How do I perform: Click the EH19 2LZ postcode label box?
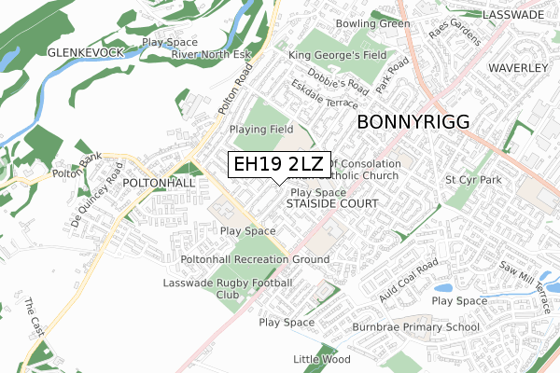click(279, 164)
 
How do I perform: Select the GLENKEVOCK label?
click(86, 53)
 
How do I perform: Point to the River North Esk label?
click(213, 54)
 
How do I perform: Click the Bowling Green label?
click(373, 23)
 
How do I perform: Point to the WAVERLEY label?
click(514, 69)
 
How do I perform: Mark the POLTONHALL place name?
click(159, 184)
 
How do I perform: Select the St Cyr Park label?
click(474, 178)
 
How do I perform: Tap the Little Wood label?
click(321, 359)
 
